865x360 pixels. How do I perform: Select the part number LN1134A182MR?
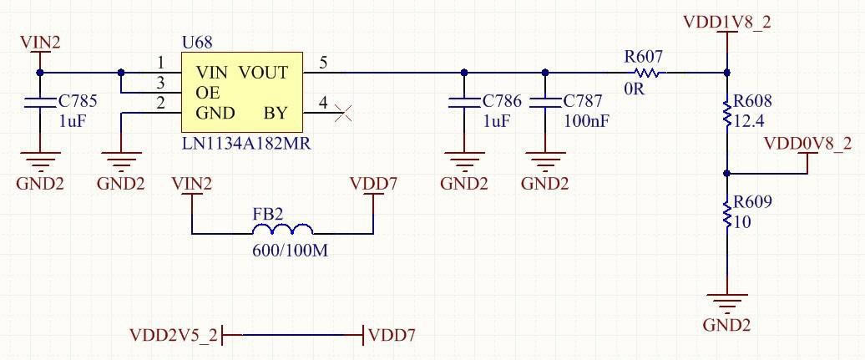pos(245,143)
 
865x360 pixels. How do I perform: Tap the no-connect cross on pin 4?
pos(342,113)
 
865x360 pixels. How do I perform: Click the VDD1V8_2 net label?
pos(726,22)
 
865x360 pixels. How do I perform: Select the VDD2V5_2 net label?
pos(174,335)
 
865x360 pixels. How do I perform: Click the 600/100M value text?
pos(290,250)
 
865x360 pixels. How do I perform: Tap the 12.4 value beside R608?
pos(748,121)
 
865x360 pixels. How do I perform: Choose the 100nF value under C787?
pos(585,121)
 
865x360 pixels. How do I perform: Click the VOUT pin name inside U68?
pos(264,73)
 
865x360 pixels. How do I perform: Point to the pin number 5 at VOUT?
pos(323,63)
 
